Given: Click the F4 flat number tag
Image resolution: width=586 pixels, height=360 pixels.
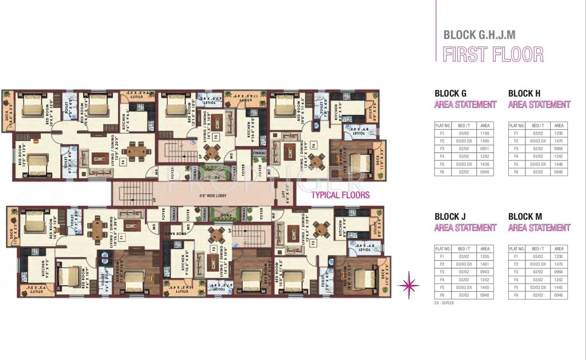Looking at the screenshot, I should [123, 162].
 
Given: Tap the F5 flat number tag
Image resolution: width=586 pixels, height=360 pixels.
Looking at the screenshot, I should [216, 137].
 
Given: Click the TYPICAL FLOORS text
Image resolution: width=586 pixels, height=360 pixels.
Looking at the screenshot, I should [340, 195].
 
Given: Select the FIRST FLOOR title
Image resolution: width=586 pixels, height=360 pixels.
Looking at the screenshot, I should [493, 54].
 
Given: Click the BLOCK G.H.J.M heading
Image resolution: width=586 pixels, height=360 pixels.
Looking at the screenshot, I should [479, 35].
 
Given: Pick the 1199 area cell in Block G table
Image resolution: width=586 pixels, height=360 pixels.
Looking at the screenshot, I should [485, 133].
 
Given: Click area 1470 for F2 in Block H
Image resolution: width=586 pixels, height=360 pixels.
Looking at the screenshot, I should [559, 141].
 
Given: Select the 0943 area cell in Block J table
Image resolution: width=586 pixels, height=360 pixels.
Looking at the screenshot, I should [485, 272].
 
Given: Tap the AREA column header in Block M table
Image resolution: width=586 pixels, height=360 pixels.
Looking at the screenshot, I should [559, 249].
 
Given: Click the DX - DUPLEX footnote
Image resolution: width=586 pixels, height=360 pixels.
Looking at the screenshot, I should [444, 303].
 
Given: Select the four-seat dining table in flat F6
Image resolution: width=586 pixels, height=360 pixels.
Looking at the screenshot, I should [316, 162].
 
